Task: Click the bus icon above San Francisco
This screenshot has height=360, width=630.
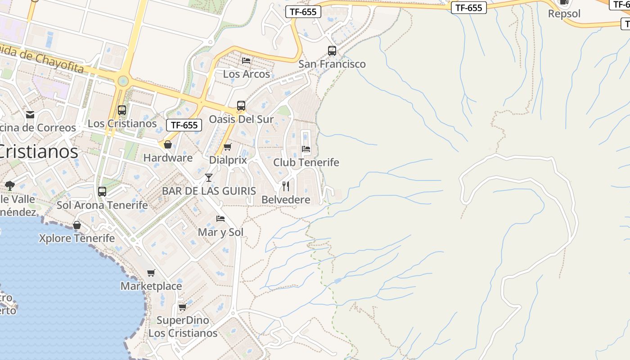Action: (332, 51)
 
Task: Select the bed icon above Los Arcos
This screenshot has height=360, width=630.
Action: (246, 60)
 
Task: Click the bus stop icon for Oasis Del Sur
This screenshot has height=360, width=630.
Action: (241, 106)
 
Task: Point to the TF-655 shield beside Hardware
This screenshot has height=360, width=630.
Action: (184, 125)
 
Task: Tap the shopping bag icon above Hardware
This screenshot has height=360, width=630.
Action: (168, 144)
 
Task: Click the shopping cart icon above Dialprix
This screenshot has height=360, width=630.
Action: (228, 147)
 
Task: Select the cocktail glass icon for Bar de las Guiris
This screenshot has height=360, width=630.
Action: (209, 178)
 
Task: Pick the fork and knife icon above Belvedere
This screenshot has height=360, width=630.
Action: (286, 186)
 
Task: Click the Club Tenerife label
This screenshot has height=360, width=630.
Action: (306, 162)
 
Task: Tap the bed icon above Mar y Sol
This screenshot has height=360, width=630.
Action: (220, 219)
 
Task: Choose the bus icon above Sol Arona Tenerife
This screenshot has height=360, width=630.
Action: (102, 192)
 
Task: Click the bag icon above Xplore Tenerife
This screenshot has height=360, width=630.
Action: (77, 225)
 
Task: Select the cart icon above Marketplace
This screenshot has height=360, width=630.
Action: (151, 273)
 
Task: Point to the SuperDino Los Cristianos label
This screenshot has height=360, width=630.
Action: (183, 327)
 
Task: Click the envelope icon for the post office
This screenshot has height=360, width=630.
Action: (30, 115)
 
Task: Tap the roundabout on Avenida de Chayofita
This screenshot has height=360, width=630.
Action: (122, 81)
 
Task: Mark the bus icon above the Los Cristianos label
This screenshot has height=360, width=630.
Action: (122, 110)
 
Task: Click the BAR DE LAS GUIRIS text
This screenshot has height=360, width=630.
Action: (209, 191)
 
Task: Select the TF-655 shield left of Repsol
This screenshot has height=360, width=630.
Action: (469, 8)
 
